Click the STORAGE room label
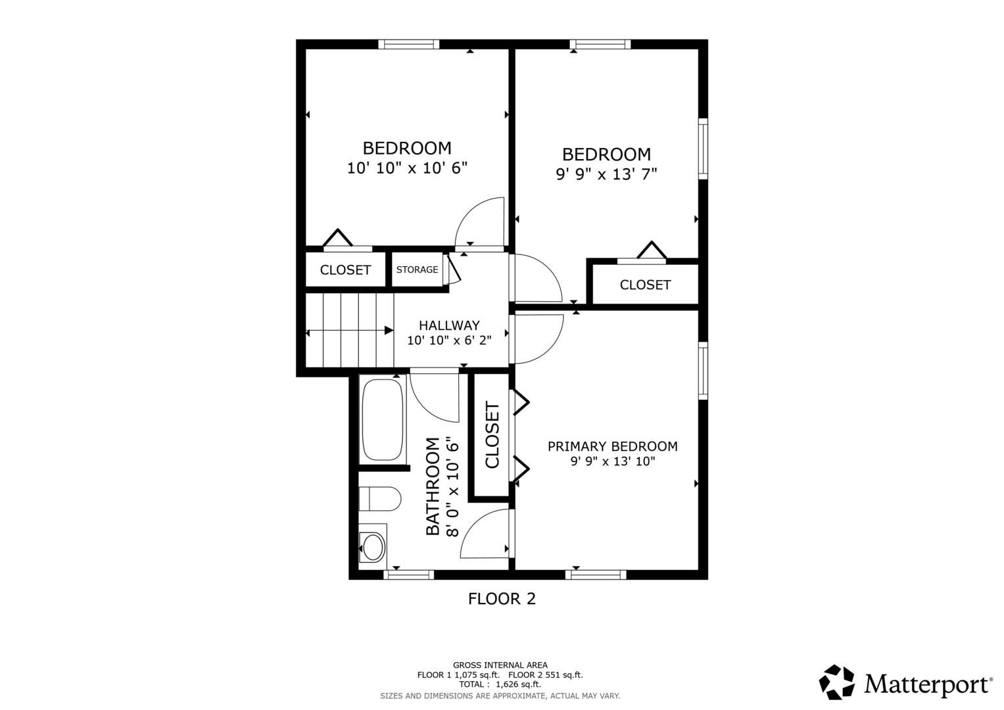[417, 270]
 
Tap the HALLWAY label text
[449, 325]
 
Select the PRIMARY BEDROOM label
[612, 446]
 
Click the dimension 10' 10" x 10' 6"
[407, 168]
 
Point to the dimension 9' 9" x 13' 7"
[606, 174]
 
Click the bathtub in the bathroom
[382, 419]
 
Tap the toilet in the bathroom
[379, 499]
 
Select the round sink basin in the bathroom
[373, 546]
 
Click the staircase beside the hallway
[349, 330]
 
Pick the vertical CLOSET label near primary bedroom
[492, 435]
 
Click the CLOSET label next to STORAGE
[345, 270]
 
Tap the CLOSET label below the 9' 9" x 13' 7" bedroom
[645, 285]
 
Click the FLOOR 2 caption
[502, 599]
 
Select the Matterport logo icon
[836, 682]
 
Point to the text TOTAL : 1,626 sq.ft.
[500, 684]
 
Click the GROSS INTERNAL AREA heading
[500, 665]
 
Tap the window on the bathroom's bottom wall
[408, 575]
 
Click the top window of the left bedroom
[408, 44]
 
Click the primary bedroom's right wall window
[703, 370]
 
